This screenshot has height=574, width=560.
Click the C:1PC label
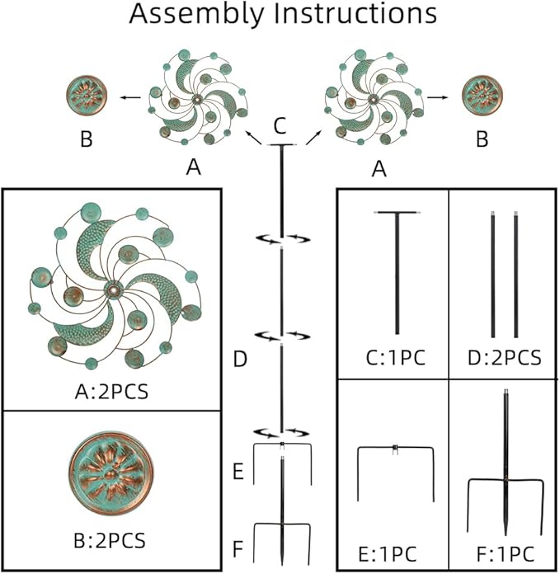(393, 357)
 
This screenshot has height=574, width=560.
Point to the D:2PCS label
(504, 357)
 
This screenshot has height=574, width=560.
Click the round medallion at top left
(87, 96)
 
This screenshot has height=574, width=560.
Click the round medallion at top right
(482, 96)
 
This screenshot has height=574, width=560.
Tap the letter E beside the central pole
(240, 473)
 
